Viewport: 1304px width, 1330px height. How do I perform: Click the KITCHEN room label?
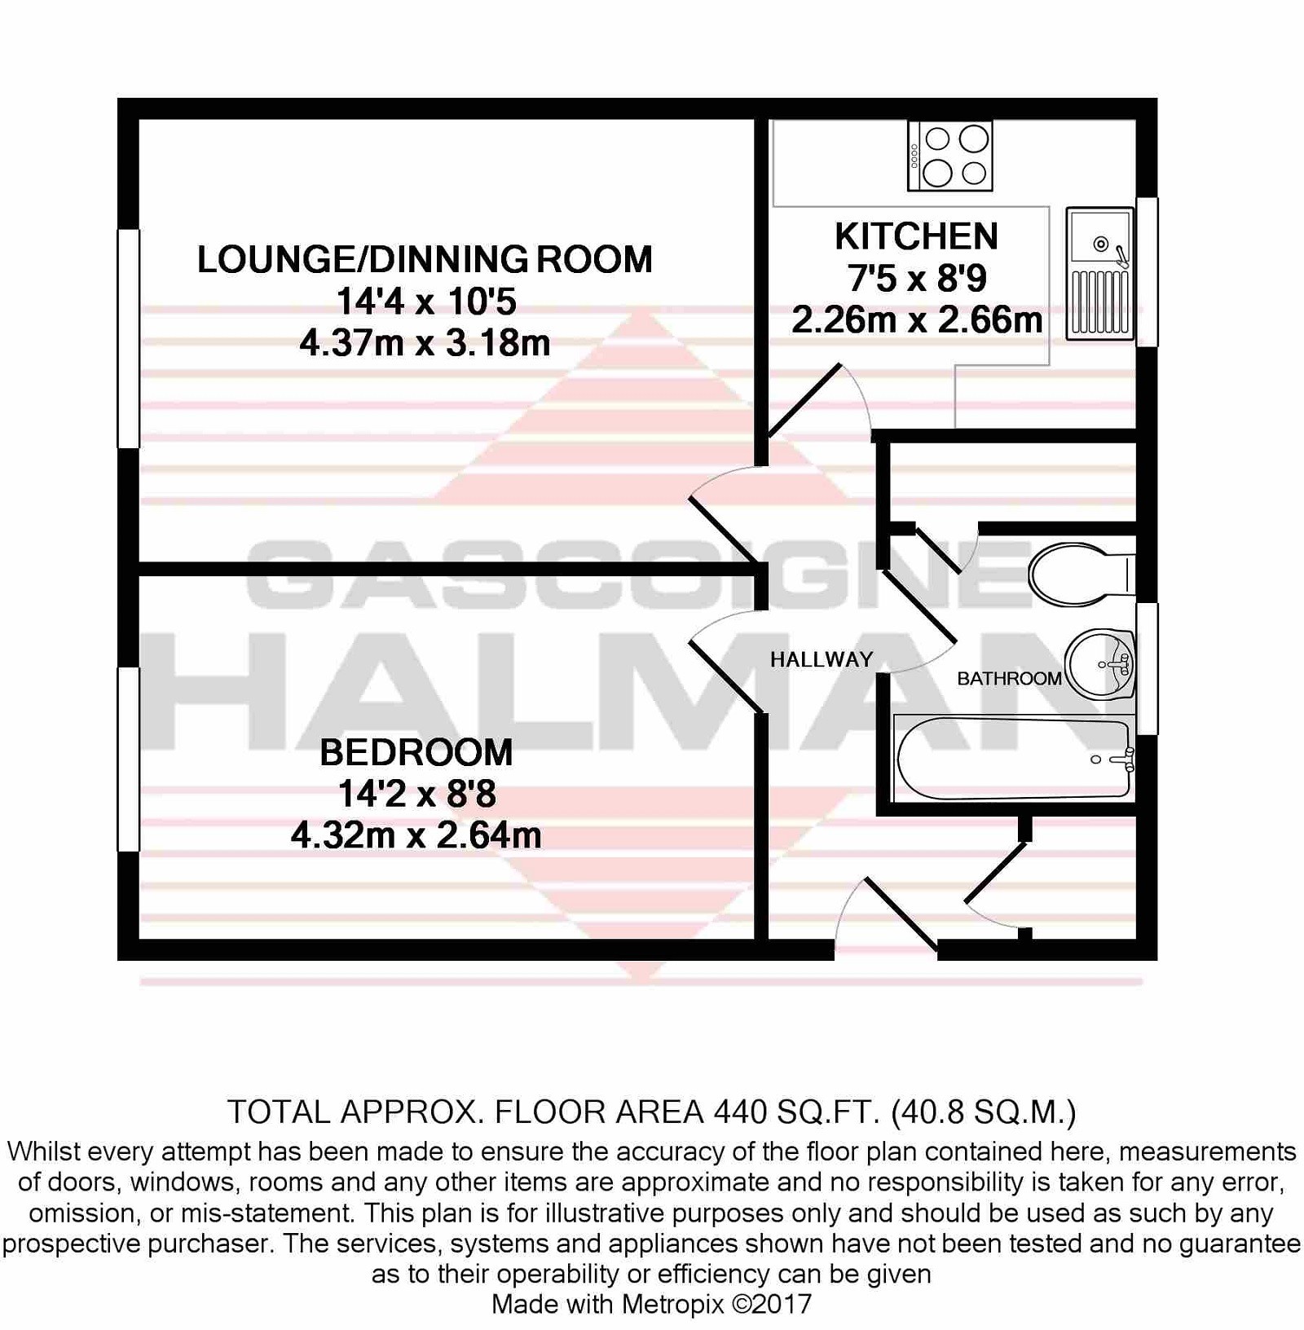click(916, 236)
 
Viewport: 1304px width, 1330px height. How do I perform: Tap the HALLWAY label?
click(822, 659)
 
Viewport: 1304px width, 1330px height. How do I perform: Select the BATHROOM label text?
click(1009, 678)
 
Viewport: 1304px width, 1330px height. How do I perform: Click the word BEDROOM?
click(416, 752)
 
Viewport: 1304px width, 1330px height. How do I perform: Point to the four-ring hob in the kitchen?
click(949, 156)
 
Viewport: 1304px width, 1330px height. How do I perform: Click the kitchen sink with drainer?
click(1099, 273)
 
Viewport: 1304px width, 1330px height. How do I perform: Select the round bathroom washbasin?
click(1100, 664)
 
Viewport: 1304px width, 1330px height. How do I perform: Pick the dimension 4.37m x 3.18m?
click(425, 343)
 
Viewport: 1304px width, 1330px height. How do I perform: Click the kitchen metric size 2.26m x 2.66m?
click(917, 320)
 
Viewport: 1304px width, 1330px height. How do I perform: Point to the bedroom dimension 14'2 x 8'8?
click(416, 794)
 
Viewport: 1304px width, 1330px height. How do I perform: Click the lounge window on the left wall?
click(129, 338)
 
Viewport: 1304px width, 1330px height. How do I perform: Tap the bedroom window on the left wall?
click(129, 760)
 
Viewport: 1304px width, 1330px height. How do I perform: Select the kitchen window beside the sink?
click(1147, 272)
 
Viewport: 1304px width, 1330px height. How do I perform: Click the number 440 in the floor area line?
click(740, 1112)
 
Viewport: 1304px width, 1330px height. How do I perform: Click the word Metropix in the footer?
click(672, 1304)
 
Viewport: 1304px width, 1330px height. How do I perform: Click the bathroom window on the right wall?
click(1147, 668)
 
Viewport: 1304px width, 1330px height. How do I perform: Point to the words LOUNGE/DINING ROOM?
click(425, 259)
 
